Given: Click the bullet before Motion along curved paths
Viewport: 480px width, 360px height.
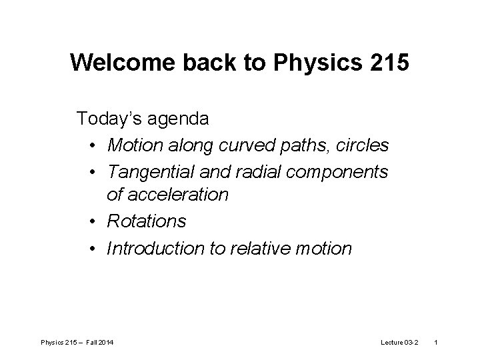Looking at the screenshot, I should click(92, 145).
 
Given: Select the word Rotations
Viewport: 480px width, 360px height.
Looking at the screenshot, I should click(147, 221).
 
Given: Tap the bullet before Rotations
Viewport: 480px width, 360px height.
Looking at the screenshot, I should click(92, 221).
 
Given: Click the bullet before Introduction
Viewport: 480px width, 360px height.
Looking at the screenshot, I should click(92, 248).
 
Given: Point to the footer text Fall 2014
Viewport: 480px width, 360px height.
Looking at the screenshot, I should click(99, 342).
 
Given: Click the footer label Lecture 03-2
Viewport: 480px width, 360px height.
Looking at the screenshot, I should click(398, 342).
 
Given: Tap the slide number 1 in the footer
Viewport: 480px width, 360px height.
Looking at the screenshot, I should click(436, 342).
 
